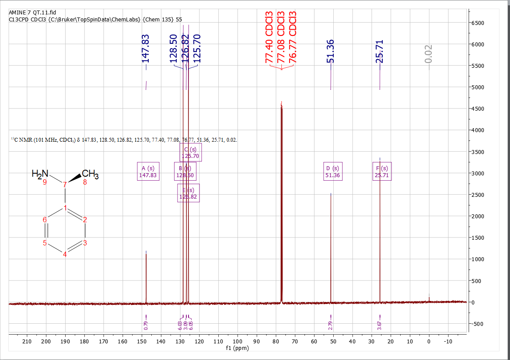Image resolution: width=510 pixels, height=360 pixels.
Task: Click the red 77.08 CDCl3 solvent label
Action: tap(281, 37)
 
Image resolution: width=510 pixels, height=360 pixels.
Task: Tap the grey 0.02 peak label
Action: tap(428, 53)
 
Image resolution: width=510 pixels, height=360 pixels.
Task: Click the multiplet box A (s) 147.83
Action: tap(148, 171)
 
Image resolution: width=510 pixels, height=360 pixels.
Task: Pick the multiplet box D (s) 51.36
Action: tap(332, 171)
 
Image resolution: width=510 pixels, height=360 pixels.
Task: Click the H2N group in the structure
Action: tap(40, 174)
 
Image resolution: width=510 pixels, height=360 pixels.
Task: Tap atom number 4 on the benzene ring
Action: tap(65, 255)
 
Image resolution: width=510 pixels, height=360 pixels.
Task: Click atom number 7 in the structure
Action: tap(65, 185)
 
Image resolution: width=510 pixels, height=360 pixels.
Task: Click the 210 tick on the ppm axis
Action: tap(27, 341)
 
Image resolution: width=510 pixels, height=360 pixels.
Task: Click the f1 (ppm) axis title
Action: tap(238, 349)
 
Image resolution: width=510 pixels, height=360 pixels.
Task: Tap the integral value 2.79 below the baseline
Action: tap(331, 325)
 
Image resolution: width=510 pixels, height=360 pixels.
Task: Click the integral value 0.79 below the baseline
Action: tap(146, 325)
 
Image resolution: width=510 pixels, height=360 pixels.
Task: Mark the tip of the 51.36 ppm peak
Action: tap(331, 193)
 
